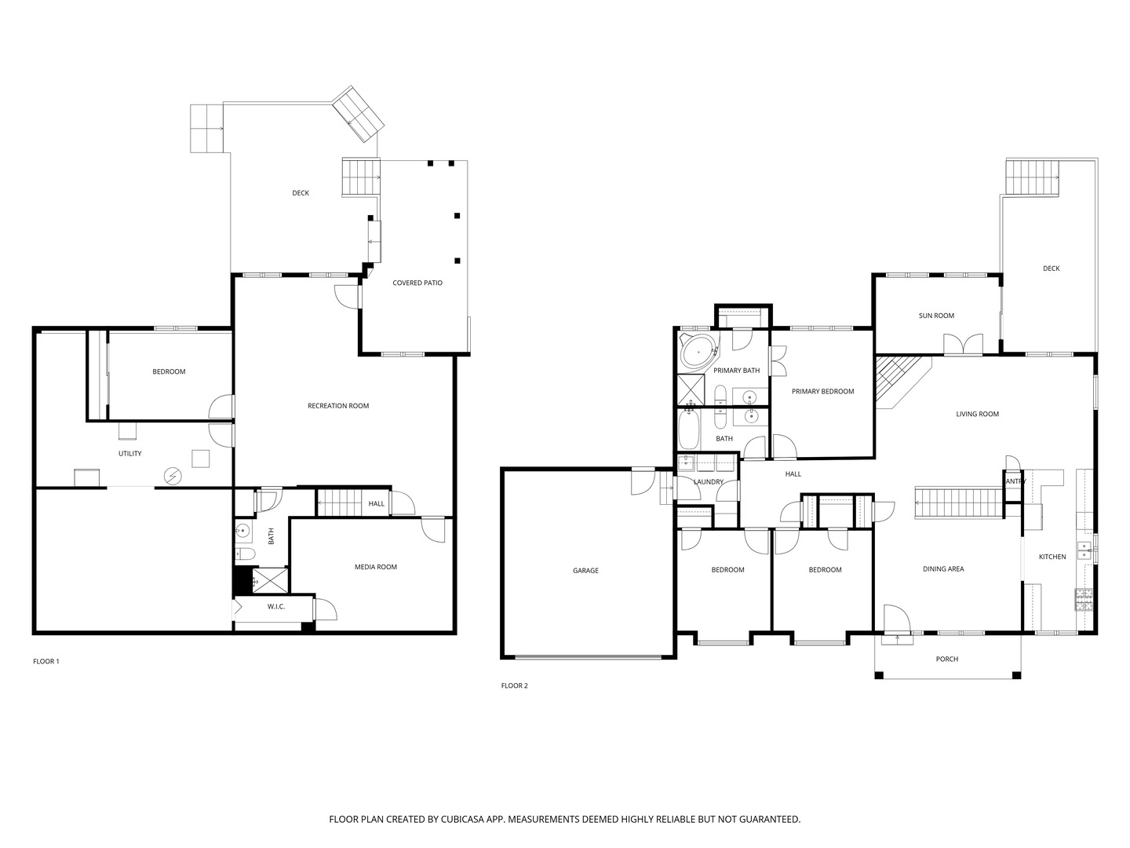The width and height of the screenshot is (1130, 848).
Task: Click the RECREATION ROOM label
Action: tap(338, 406)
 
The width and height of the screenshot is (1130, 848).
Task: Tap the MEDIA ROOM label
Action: tap(376, 567)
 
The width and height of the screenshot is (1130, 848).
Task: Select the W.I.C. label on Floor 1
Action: tap(276, 606)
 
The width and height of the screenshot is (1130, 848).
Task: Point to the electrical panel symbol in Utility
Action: tap(173, 477)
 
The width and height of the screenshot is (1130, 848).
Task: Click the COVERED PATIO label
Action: tap(417, 283)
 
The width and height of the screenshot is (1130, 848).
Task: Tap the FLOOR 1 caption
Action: tap(46, 661)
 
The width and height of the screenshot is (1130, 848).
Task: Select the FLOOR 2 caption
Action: tap(514, 685)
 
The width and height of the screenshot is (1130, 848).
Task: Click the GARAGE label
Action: tap(586, 571)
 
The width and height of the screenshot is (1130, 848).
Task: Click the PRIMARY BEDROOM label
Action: tap(822, 391)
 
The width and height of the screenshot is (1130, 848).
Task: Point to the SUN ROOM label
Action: tap(936, 316)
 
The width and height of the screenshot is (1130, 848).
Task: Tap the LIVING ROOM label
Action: tap(977, 414)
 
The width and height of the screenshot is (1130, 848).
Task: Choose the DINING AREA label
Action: tap(943, 569)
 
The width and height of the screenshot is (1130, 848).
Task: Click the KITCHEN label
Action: tap(1052, 557)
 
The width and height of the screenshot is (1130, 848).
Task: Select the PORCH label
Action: tap(946, 659)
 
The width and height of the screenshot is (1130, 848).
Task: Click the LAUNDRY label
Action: tap(709, 482)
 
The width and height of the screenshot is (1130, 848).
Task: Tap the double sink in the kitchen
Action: tap(1084, 550)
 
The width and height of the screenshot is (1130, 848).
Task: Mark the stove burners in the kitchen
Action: tap(1083, 600)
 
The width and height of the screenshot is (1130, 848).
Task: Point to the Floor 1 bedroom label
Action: tap(169, 371)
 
